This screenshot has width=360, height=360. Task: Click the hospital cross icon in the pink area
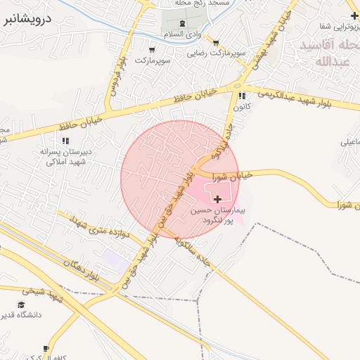[217, 200]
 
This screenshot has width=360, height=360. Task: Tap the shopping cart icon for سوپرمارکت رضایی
[215, 43]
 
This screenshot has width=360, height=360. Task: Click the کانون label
[243, 108]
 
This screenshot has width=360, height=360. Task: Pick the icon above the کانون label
[242, 96]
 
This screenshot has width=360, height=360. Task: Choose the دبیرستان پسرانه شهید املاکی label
[65, 156]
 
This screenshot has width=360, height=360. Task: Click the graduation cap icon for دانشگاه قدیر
[20, 305]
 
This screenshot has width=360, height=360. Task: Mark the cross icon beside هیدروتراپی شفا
[354, 15]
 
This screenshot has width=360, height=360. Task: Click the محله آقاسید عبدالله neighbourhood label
[325, 53]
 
